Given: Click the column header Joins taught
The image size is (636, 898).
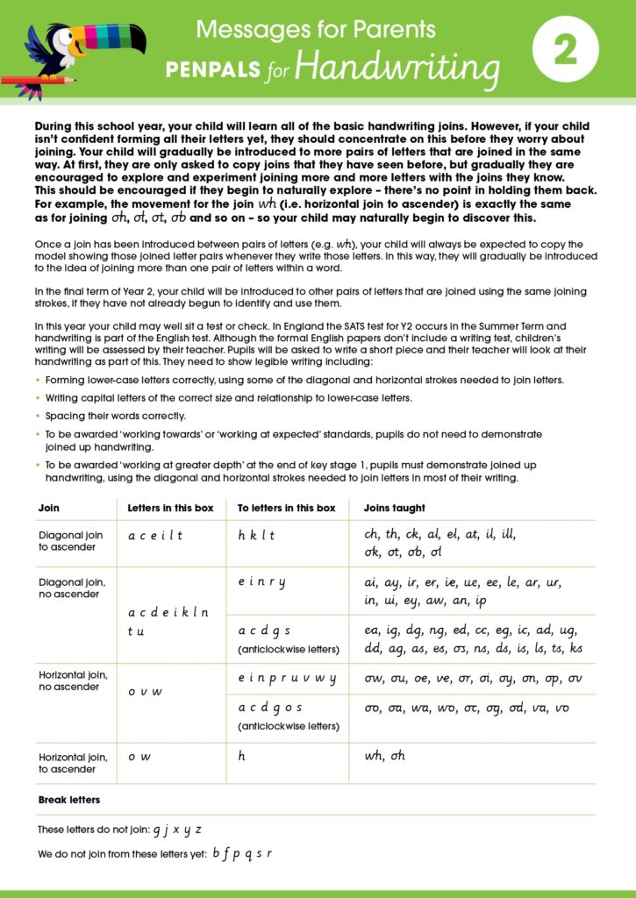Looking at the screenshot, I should click(395, 508).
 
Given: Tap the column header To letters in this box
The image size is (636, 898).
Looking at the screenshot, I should click(287, 508).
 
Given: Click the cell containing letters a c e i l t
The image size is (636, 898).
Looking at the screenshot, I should click(155, 536).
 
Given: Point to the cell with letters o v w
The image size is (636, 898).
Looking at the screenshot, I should click(145, 691).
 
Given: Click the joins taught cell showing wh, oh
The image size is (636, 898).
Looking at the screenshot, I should click(385, 756).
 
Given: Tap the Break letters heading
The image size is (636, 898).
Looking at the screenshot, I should click(69, 800).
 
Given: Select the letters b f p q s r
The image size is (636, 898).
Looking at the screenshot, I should click(242, 853).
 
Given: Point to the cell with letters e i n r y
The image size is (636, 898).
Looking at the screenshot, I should click(261, 582).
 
